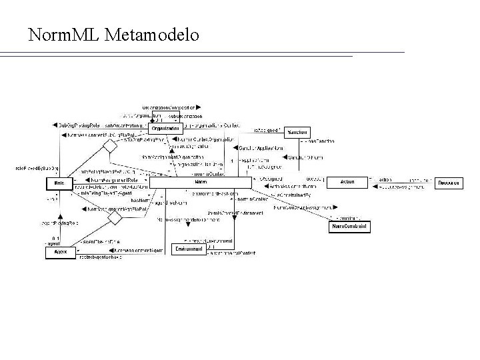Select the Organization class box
pos(166,129)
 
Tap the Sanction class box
pos(297,133)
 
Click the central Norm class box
pos(201,182)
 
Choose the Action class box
pos(347,182)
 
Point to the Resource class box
pos(448,182)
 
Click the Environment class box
pos(189,249)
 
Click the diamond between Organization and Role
pos(109,147)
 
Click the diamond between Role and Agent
pos(115,217)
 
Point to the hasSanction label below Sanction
pos(319,141)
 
